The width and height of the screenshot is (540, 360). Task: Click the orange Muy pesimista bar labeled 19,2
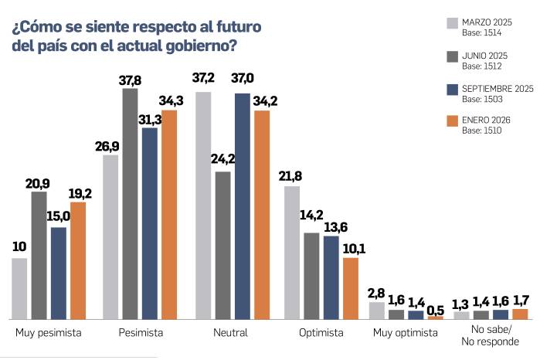[78, 260]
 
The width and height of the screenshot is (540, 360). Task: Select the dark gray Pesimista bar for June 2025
[130, 204]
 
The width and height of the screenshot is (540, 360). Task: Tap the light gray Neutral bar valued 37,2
[203, 205]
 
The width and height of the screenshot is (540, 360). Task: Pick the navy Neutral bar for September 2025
[243, 206]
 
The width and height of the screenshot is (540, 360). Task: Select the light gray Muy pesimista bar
[19, 288]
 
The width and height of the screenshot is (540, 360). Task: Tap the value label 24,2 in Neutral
[223, 160]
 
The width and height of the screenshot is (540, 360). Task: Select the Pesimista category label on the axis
[141, 332]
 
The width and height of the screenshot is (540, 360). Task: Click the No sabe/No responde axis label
[489, 337]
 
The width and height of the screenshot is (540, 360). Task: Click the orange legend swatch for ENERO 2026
[453, 121]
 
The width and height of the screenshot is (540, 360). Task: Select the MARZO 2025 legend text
[487, 21]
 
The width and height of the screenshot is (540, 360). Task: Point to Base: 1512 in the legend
[482, 66]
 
